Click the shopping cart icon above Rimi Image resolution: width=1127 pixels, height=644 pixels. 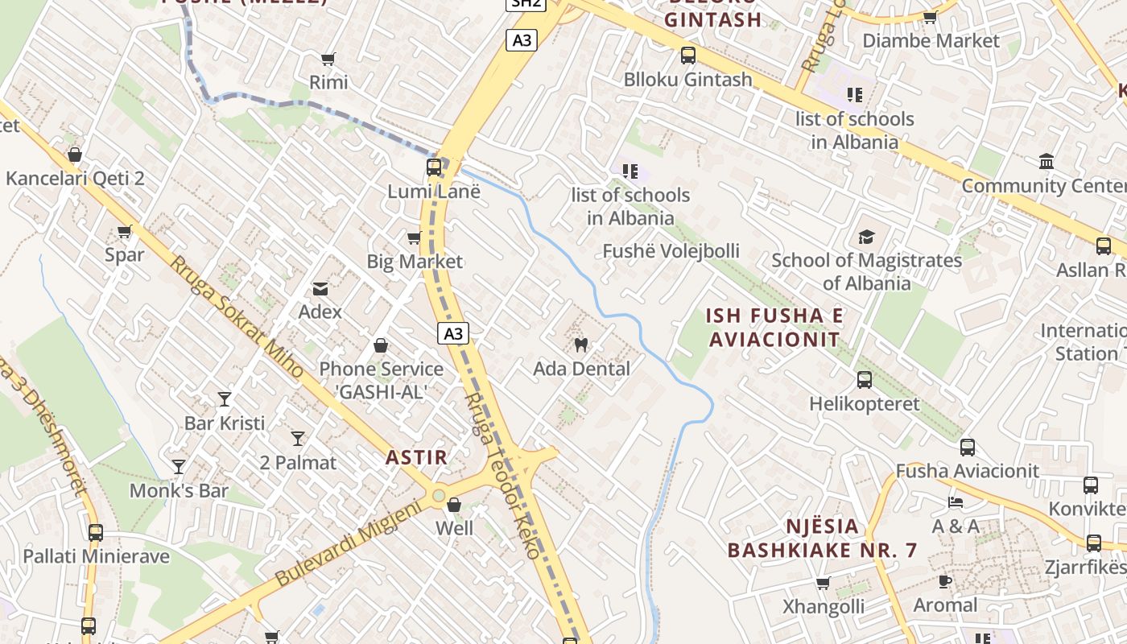point(328,59)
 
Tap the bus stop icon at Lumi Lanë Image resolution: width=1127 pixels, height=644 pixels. point(434,167)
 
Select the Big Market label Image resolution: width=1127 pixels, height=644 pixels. point(415,262)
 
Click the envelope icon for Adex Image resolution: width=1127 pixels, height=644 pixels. point(320,288)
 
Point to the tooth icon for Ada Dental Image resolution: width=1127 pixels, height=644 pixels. point(580,345)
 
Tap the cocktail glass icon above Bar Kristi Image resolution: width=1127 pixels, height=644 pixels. point(225,398)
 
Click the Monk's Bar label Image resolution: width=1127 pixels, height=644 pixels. point(179,490)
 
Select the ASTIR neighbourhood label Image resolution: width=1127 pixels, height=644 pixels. point(416,457)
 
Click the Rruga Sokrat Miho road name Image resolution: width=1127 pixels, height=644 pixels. point(236,317)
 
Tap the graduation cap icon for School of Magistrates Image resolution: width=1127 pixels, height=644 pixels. point(866,237)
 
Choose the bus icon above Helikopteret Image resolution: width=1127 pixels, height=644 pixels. point(864,379)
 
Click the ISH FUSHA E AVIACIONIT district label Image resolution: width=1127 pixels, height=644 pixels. point(774,327)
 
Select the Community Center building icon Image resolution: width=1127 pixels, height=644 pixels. point(1046,162)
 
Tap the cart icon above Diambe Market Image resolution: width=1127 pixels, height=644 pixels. point(930,17)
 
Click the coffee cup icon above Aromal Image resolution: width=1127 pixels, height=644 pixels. point(945,581)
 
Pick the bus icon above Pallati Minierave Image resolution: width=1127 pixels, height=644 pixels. point(95,532)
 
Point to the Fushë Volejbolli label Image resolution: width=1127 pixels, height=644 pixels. point(671,251)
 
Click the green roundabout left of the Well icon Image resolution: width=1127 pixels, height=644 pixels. point(438,496)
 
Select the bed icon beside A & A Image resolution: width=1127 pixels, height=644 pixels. point(956,502)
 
